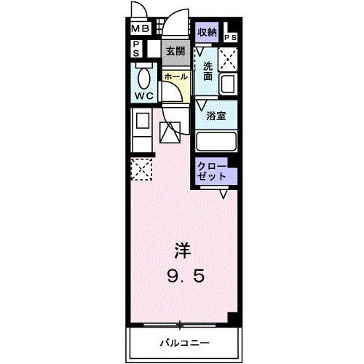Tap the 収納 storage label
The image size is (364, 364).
207,32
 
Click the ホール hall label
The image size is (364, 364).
175,76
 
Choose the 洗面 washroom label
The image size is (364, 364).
207,71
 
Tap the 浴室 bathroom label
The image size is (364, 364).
215,116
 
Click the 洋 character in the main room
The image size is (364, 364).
182,251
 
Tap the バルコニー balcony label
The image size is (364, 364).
185,342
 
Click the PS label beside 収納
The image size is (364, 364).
232,37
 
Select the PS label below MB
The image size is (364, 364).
135,48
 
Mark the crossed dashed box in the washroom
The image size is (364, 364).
227,58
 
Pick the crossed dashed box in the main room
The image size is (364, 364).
140,169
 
